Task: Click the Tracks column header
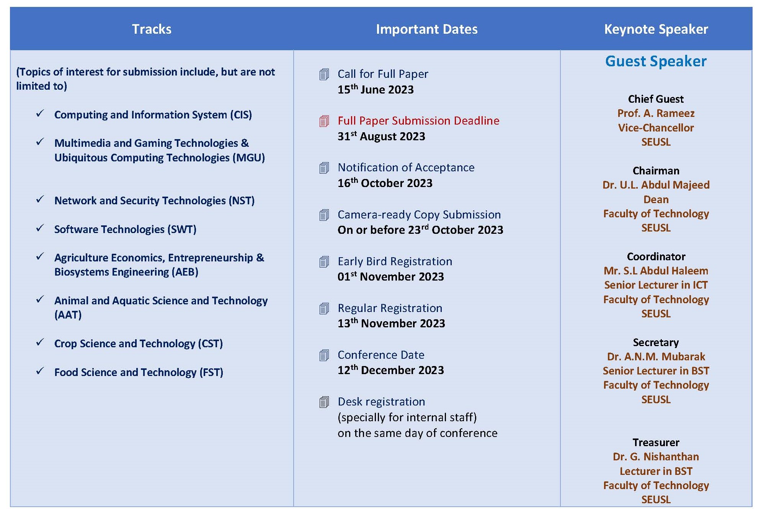[x=152, y=29]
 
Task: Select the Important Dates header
[x=427, y=29]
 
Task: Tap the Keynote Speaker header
[x=656, y=29]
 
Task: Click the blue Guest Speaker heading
[x=656, y=61]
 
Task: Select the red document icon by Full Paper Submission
[x=324, y=121]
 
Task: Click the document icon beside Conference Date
[x=324, y=355]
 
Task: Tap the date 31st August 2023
[x=381, y=136]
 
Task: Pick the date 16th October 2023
[x=385, y=183]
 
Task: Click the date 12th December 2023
[x=391, y=370]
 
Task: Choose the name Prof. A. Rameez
[x=656, y=113]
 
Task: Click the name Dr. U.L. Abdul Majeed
[x=656, y=185]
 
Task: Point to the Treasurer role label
[x=656, y=442]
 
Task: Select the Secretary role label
[x=656, y=342]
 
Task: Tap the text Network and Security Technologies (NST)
[x=154, y=200]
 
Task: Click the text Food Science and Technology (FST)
[x=139, y=372]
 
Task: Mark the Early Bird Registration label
[x=395, y=261]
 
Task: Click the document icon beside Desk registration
[x=324, y=402]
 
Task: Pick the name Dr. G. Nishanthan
[x=656, y=457]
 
